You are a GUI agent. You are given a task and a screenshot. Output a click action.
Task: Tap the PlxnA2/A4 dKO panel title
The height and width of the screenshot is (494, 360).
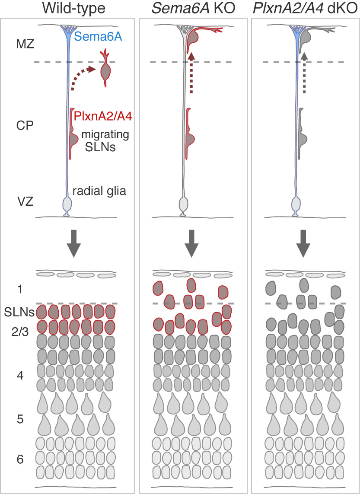click(305, 8)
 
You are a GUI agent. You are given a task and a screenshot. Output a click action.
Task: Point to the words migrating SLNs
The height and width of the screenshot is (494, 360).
click(105, 140)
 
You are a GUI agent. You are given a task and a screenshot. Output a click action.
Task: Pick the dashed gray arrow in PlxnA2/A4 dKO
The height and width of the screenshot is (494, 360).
click(304, 73)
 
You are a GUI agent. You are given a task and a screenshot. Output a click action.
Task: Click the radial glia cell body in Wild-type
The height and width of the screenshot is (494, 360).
click(67, 203)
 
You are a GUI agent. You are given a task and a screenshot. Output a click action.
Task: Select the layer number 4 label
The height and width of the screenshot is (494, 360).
click(20, 375)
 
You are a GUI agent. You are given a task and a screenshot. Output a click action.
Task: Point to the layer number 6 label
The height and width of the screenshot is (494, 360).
click(20, 459)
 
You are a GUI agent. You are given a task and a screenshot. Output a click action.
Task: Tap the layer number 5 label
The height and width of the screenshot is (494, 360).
click(20, 419)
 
